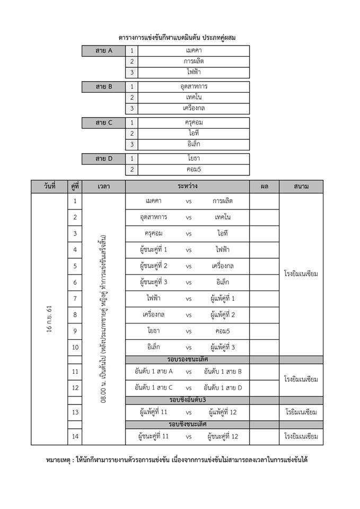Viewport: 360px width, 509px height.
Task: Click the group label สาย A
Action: (104, 51)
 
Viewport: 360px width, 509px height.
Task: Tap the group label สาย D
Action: (104, 158)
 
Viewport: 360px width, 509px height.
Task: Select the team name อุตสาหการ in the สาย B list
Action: (194, 86)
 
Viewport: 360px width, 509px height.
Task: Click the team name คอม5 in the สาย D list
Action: (194, 170)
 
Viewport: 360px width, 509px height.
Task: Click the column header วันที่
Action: (49, 187)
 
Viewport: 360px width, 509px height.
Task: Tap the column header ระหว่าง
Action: (187, 187)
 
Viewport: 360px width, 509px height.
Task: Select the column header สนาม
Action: (301, 187)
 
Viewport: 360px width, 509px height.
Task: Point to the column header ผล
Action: (264, 187)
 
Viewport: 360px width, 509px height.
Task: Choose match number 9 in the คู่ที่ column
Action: (75, 331)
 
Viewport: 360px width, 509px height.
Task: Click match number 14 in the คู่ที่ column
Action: (75, 436)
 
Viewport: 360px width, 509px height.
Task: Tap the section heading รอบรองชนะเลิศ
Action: (187, 359)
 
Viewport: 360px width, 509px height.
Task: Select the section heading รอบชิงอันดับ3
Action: (187, 399)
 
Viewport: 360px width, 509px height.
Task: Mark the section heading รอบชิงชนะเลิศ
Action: (187, 424)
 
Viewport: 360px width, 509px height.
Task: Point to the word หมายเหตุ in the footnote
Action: (63, 460)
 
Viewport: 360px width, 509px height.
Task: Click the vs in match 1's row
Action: (189, 201)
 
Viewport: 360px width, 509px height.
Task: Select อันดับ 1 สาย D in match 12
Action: (223, 388)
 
